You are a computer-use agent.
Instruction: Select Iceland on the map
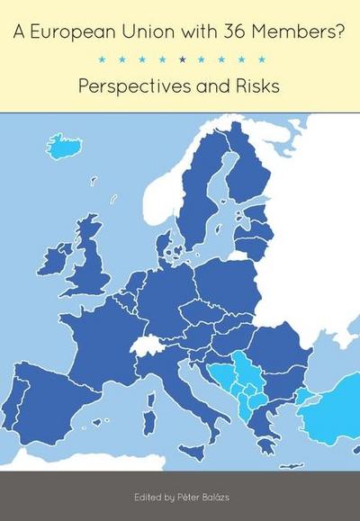coord(64,145)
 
